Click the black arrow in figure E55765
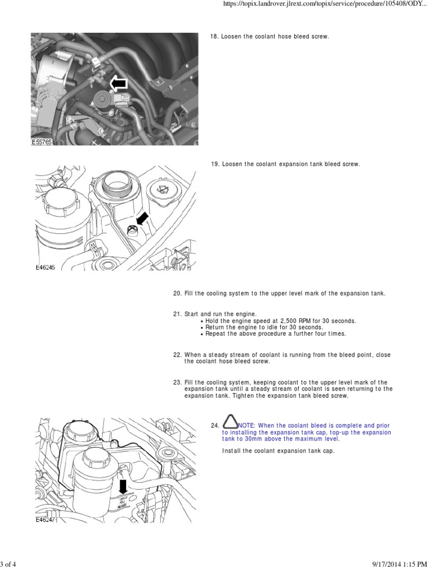[x=118, y=84]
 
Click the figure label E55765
[x=42, y=142]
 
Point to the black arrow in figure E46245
[x=142, y=219]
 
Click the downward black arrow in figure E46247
[x=123, y=487]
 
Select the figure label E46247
[x=46, y=520]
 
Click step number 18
[x=214, y=37]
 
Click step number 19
[x=215, y=164]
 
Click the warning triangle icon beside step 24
[x=231, y=422]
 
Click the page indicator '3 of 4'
[x=9, y=565]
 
